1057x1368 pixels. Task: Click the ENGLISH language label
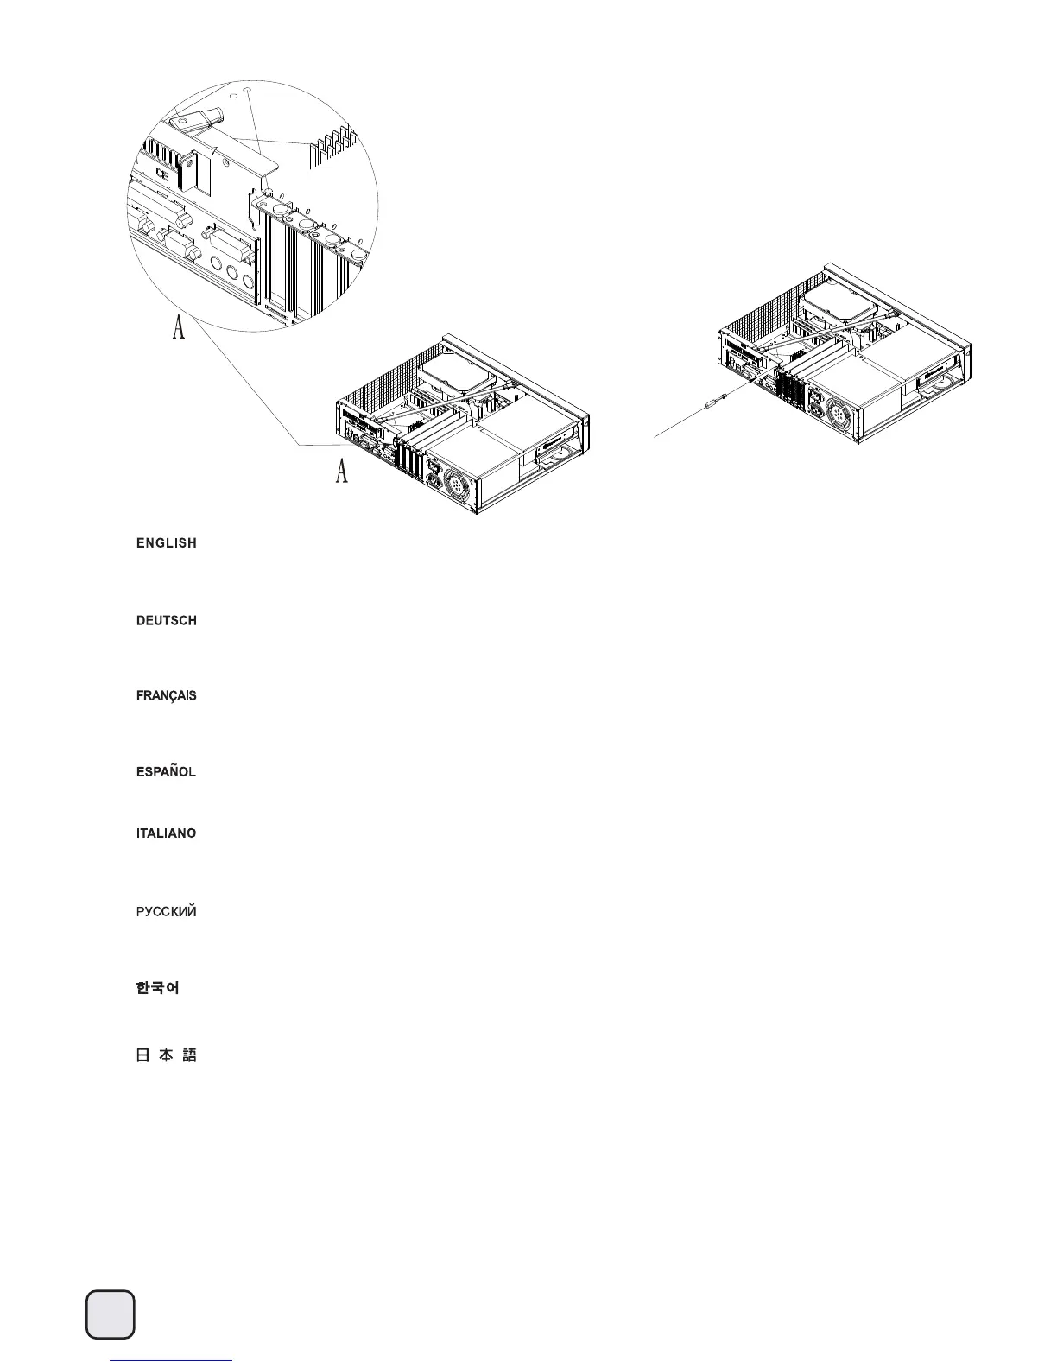coord(166,543)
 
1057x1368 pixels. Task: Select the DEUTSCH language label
coord(166,621)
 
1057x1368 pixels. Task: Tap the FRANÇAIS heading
coord(166,696)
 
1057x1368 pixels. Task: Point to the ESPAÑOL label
coord(166,771)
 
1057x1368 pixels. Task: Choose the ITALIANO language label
coord(166,834)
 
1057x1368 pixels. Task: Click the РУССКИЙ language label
coord(166,912)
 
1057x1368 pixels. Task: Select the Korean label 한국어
coord(157,988)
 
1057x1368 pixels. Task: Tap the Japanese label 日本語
coord(166,1055)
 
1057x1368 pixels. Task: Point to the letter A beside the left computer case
coord(342,471)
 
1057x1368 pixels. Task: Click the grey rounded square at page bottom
coord(111,1314)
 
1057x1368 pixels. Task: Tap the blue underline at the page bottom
coord(173,1360)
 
